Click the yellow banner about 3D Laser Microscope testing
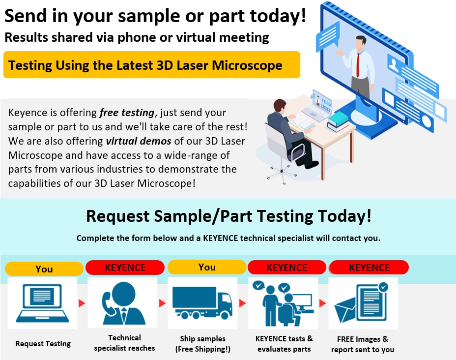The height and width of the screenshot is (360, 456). [x=151, y=64]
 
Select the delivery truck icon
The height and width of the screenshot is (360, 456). [x=202, y=302]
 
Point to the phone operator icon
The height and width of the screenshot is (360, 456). [x=124, y=303]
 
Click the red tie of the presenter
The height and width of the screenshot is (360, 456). [x=358, y=65]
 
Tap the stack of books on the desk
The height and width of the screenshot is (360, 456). [x=338, y=121]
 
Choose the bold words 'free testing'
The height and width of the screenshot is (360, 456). [x=127, y=112]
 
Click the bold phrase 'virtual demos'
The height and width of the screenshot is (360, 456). [x=139, y=141]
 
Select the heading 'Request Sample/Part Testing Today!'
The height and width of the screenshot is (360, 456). [x=228, y=216]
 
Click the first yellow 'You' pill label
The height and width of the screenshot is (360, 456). [x=44, y=269]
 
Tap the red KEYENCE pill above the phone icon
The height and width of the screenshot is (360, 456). [x=125, y=268]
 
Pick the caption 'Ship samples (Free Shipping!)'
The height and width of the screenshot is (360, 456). [x=203, y=344]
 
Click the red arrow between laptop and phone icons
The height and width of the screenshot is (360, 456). [x=82, y=303]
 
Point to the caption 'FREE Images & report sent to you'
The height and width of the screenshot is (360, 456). [x=363, y=344]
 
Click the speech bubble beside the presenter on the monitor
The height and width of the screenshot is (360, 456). [x=328, y=36]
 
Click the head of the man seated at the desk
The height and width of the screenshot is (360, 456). [x=280, y=107]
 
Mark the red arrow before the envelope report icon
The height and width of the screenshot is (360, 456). [x=322, y=303]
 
